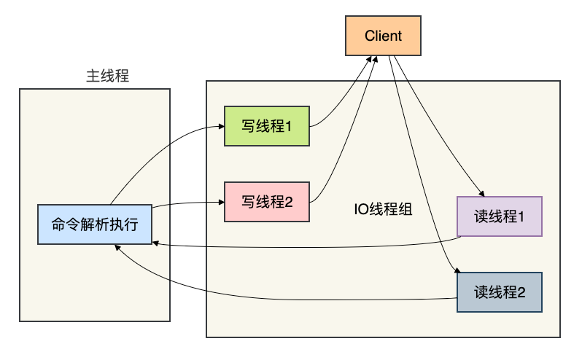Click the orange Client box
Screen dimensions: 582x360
tap(383, 36)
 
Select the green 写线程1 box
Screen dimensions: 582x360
tap(267, 126)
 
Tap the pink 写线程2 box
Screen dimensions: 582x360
tap(267, 202)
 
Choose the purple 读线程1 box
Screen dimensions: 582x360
tap(500, 216)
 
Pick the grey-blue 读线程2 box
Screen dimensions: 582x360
tap(500, 292)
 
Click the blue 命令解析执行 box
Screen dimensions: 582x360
tap(95, 224)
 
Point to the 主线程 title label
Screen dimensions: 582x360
tap(108, 76)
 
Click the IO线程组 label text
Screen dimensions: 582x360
tap(383, 209)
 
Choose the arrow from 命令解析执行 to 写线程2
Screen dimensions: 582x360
tap(187, 203)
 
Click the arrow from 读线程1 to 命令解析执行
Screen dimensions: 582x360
tap(308, 247)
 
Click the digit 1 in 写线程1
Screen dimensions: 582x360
tap(288, 126)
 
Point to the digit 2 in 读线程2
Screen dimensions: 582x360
tap(521, 292)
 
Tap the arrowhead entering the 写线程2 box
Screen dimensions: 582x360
tap(222, 202)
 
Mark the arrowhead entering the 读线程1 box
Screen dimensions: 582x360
tap(482, 194)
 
